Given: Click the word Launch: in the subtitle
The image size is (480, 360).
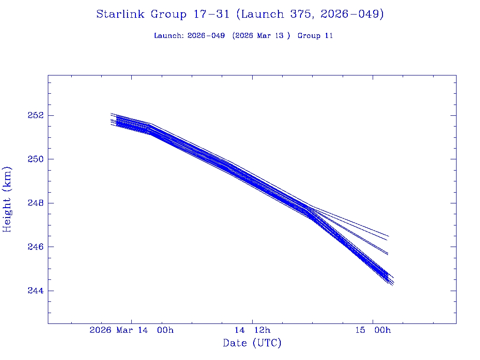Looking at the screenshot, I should tap(169, 36).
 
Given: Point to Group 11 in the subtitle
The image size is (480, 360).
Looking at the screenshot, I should tap(315, 36).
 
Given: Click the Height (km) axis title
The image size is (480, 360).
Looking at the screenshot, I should tap(7, 199).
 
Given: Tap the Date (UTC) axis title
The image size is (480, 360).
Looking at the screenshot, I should tap(252, 343).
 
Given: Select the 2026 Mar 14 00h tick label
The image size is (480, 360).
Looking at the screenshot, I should tap(131, 330).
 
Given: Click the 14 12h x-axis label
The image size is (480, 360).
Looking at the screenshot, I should tap(252, 330).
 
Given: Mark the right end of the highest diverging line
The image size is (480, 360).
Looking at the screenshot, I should tap(389, 236).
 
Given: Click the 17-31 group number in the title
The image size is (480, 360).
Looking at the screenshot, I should tap(211, 15).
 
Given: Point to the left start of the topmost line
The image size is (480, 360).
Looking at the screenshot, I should tap(111, 113).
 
